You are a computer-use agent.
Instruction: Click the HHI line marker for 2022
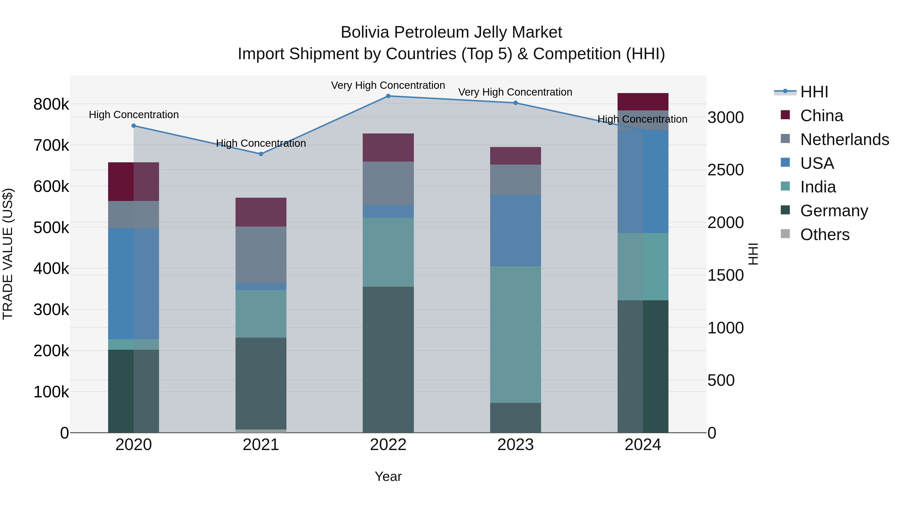[x=388, y=96]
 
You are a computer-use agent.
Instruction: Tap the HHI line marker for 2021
[x=261, y=154]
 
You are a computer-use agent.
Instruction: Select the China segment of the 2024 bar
[x=643, y=102]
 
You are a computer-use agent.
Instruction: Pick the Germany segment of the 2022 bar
[x=388, y=359]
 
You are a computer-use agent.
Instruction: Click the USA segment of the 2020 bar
[x=133, y=284]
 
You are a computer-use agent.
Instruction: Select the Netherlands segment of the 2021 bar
[x=261, y=255]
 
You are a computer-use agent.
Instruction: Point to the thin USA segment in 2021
[x=261, y=287]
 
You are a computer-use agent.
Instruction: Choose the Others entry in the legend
[x=824, y=235]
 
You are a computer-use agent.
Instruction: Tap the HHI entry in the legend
[x=814, y=92]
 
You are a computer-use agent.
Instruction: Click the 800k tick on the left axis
[x=51, y=104]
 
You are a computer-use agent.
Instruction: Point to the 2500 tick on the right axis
[x=725, y=170]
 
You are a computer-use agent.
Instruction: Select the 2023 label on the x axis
[x=515, y=445]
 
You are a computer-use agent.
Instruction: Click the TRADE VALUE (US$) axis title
[x=8, y=254]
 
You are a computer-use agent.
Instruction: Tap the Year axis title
[x=388, y=476]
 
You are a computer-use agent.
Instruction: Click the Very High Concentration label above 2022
[x=388, y=86]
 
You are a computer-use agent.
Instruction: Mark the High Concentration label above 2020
[x=133, y=115]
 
